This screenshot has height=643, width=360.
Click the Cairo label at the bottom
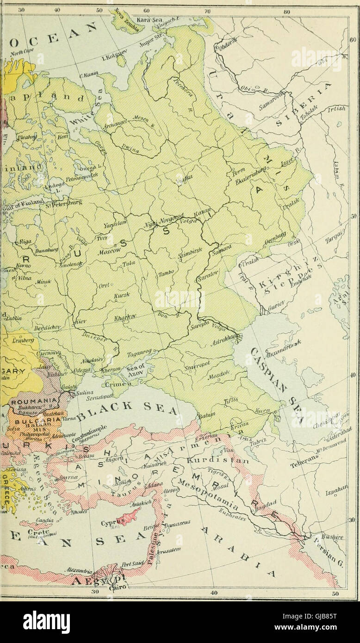pos(115,588)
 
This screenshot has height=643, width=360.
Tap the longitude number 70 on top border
pos(208,10)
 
